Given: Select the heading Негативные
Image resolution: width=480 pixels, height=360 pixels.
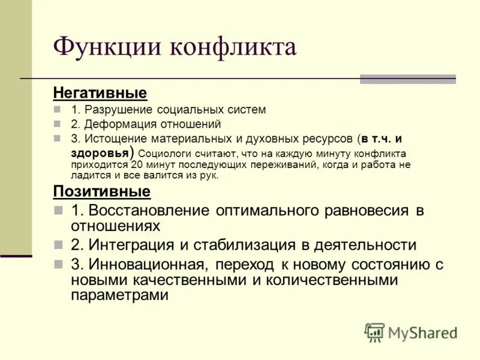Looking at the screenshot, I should pos(100,93).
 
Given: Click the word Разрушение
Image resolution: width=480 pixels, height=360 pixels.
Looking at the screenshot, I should pos(119,110).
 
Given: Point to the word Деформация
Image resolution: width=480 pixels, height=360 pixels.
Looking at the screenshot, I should pos(119,124).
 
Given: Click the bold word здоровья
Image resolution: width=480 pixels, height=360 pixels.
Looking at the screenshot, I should pos(99,152).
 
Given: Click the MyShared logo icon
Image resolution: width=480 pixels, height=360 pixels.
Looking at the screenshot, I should pos(374,332).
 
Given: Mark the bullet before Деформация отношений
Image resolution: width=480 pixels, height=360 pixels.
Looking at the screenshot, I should pos(58,124).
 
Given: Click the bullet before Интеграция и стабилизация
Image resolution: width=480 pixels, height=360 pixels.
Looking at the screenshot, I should pos(58,245).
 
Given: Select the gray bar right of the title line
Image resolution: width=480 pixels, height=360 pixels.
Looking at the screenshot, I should pos(407,79).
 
